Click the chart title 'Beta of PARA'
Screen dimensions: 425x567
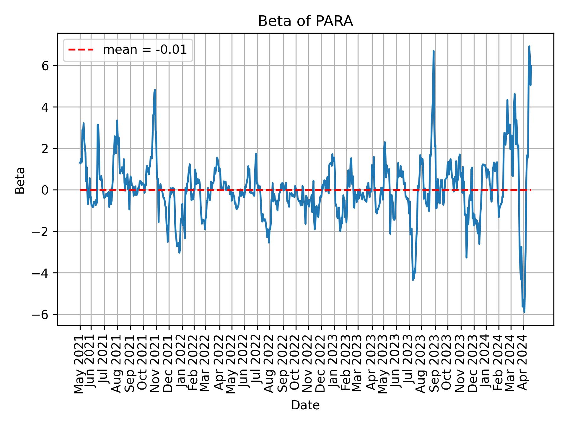[x=305, y=21]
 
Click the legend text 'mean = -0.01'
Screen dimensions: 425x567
[x=145, y=50]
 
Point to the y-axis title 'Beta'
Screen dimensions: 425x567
[x=20, y=180]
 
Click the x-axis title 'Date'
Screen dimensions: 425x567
[x=305, y=405]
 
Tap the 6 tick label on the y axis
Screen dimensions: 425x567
[x=45, y=66]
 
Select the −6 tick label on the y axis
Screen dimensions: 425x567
[x=41, y=315]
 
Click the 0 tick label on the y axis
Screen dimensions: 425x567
[x=45, y=190]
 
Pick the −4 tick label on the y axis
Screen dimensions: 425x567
[x=41, y=273]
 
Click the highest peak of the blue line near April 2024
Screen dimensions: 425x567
[x=529, y=47]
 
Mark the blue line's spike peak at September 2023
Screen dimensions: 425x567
[x=434, y=51]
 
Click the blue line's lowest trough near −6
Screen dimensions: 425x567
[x=524, y=312]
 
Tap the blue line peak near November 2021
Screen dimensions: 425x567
[x=155, y=90]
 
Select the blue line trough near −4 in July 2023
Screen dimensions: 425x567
[x=413, y=279]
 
